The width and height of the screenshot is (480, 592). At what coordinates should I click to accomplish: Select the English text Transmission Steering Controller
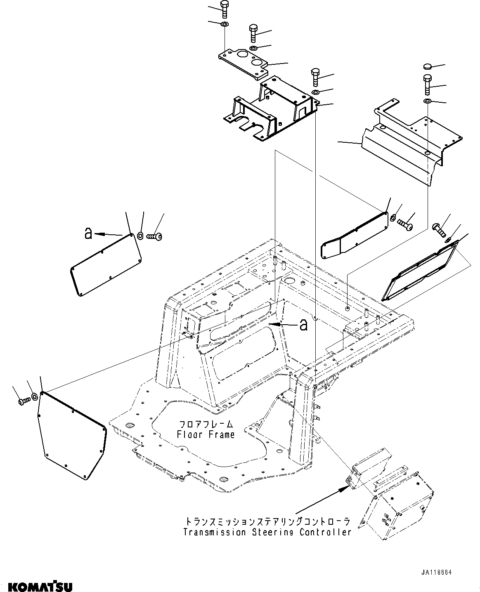(267, 532)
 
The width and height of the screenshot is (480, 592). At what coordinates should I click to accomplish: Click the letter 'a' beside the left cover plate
(87, 234)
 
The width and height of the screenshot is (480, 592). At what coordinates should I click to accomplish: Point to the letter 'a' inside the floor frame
(303, 325)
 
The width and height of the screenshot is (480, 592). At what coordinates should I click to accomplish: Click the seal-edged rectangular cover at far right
(419, 272)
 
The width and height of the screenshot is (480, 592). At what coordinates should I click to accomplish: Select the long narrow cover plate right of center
(355, 237)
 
